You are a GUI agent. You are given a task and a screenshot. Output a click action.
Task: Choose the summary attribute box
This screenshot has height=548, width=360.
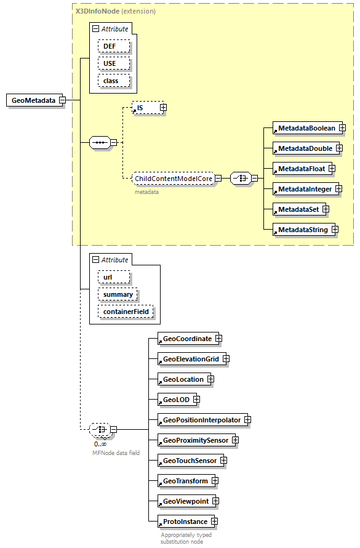tap(118, 294)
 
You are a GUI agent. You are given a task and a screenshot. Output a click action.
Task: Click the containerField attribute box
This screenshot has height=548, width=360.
tap(126, 312)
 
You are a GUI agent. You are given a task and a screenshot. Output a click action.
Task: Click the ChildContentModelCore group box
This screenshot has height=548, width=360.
tap(174, 179)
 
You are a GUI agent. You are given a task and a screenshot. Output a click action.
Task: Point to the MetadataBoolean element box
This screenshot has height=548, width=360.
tap(305, 127)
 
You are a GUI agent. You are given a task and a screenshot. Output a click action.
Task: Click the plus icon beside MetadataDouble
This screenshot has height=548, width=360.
tap(339, 148)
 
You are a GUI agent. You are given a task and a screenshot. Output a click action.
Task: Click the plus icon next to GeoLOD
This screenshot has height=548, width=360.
tap(197, 400)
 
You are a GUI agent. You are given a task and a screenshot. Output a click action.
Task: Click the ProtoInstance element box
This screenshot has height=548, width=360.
tap(183, 522)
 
